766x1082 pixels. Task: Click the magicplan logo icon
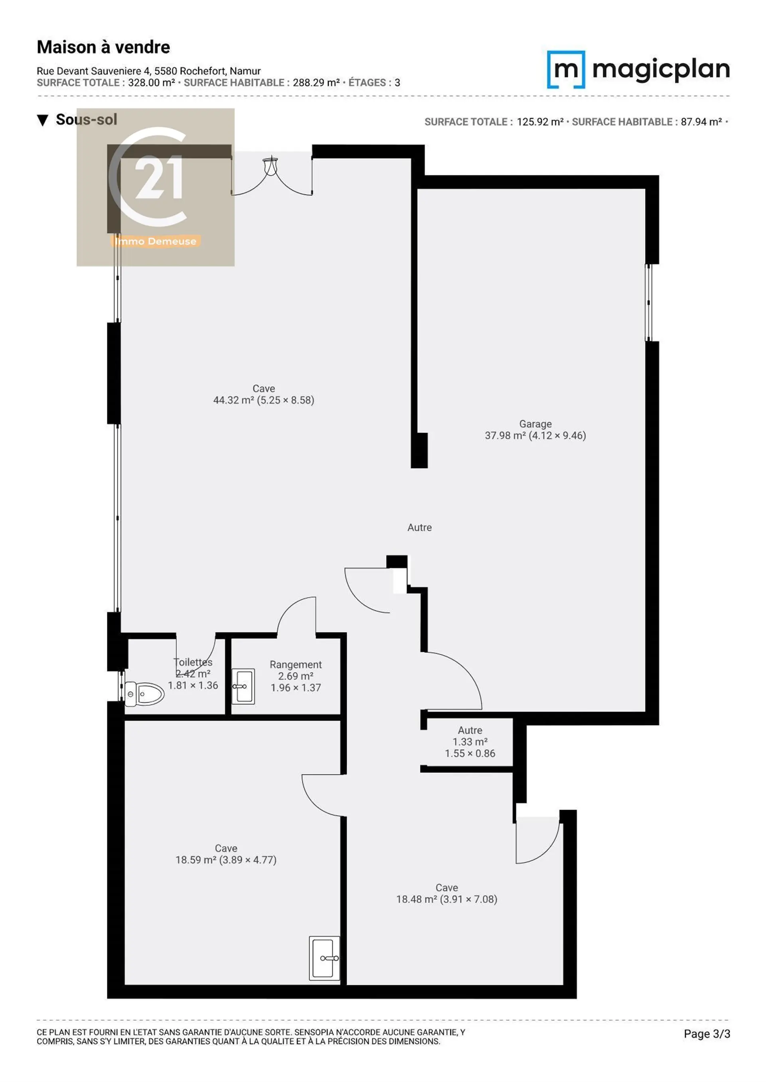566,69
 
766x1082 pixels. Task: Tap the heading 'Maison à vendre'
103,47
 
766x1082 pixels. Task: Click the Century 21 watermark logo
156,187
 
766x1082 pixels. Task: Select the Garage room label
535,424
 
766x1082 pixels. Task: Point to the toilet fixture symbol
144,694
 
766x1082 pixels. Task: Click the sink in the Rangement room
243,686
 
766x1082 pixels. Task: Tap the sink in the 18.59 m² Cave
324,958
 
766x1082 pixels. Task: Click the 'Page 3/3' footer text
707,1034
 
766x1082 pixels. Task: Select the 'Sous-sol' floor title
86,120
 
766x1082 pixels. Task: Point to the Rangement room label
296,665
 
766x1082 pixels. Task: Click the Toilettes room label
193,662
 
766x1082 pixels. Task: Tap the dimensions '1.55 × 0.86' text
470,753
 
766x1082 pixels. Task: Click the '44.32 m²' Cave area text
233,400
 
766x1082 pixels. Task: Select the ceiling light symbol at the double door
270,166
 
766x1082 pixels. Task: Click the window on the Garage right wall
649,302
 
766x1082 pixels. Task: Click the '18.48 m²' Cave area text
417,899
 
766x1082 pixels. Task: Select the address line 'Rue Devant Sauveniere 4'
93,71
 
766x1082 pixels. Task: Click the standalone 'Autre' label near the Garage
419,527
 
